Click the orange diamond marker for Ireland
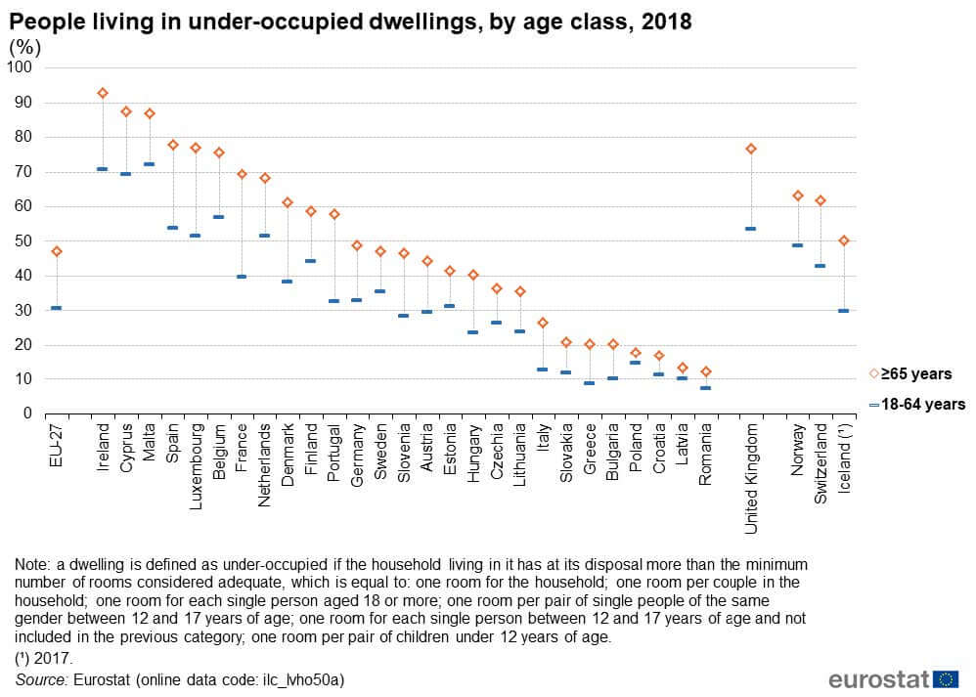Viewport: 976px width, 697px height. [103, 93]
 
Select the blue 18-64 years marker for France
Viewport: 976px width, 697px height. [242, 277]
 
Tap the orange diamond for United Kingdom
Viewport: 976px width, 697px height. [751, 149]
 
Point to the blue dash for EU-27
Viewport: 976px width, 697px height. [56, 308]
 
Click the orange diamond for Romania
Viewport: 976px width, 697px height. [705, 371]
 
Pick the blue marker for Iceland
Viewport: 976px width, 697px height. [843, 311]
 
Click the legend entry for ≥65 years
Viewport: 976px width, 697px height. [909, 373]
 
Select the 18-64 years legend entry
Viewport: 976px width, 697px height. [916, 404]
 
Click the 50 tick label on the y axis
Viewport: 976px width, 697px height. [23, 240]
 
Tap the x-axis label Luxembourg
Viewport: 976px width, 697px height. [196, 462]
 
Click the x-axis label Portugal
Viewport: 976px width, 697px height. [334, 454]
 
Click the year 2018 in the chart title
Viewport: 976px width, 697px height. [666, 22]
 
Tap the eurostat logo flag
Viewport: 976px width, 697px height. [946, 679]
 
